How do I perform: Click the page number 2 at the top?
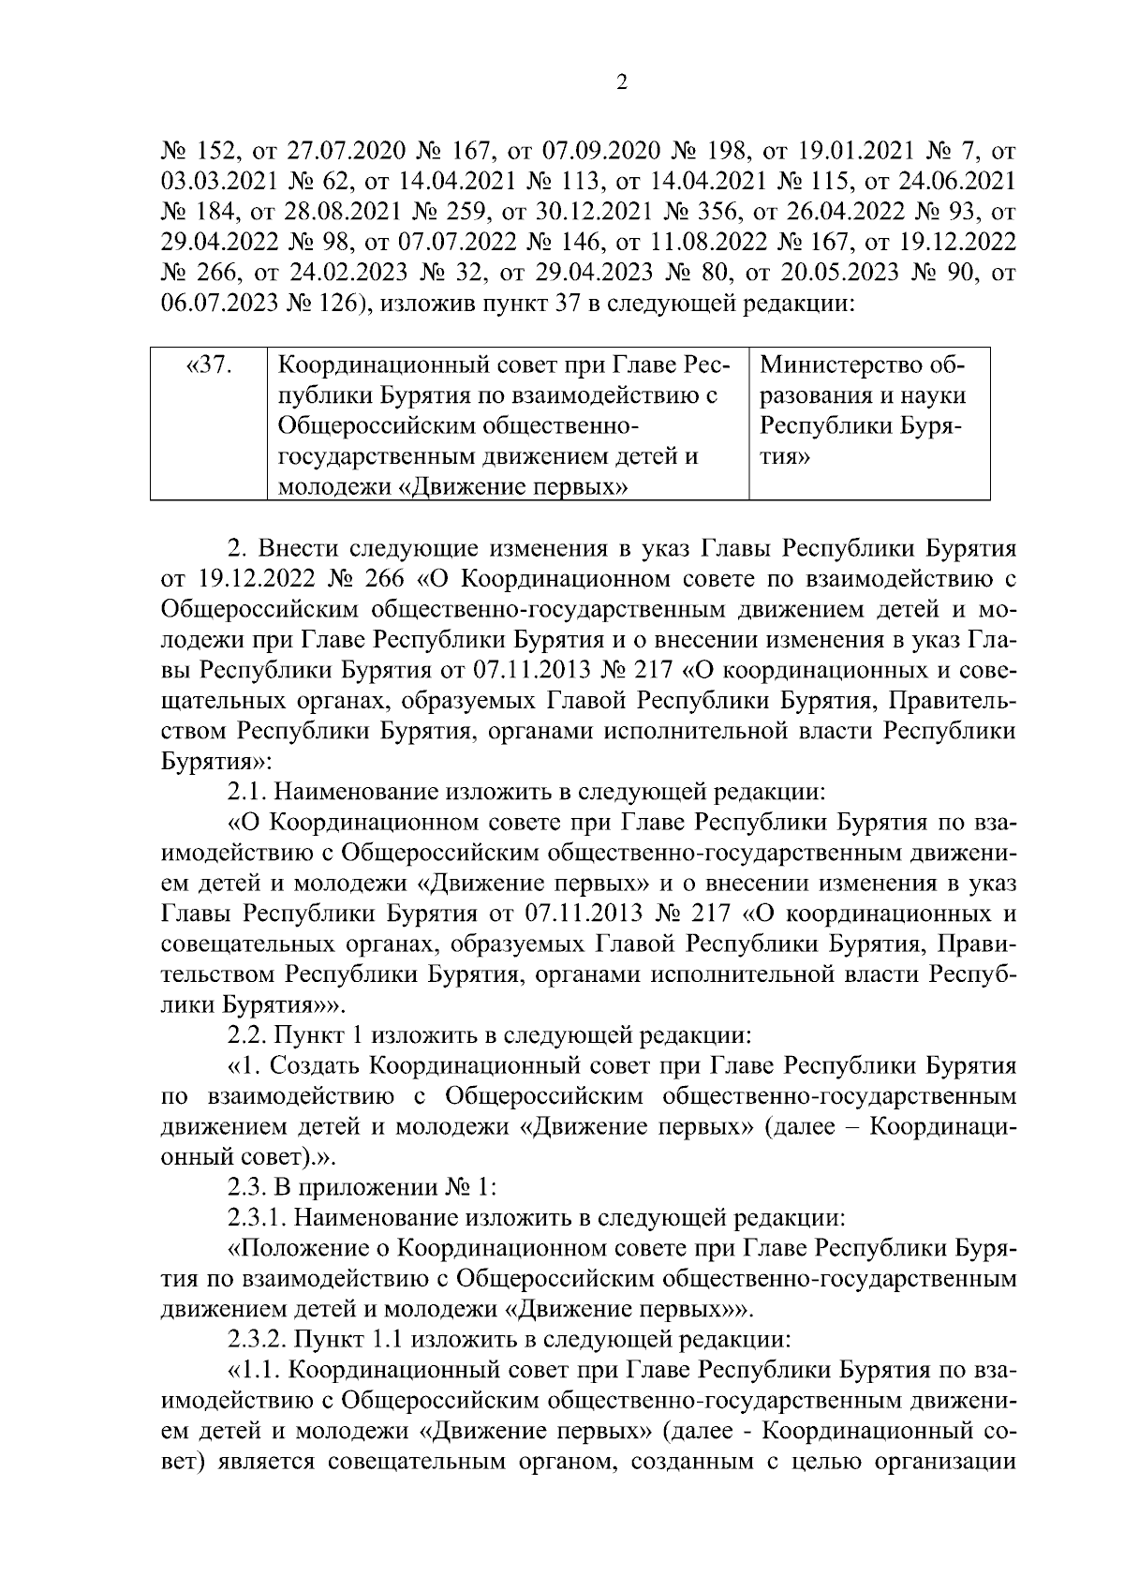(x=623, y=83)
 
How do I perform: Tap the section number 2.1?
(x=247, y=792)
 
